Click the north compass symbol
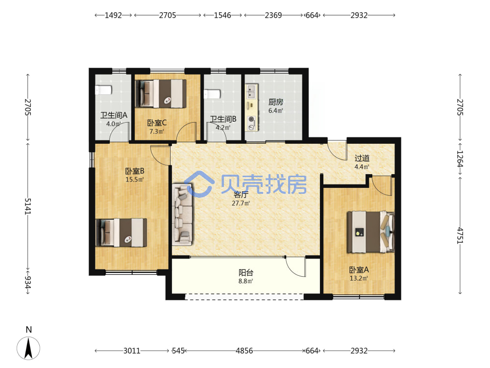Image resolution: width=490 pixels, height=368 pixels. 28,348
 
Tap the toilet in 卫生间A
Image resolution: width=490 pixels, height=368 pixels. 103,90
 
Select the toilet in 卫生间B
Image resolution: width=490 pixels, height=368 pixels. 212,94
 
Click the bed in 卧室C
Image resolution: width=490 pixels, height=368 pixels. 161,94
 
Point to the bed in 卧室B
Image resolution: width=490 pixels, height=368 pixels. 121,233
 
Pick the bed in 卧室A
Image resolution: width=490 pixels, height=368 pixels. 370,232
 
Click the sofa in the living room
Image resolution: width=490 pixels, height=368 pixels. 182,215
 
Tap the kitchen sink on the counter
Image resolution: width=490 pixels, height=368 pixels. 251,91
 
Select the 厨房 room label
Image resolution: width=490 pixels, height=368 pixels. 275,102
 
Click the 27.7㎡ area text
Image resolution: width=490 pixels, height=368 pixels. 241,204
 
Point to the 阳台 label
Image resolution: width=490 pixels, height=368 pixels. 245,272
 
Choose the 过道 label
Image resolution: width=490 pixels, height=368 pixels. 362,158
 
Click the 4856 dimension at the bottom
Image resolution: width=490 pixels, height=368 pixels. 244,351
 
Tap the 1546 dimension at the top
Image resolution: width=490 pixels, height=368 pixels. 222,15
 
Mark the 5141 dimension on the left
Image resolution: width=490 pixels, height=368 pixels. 28,206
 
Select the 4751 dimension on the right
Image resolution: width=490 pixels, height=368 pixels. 460,236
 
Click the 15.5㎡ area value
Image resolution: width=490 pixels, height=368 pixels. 134,180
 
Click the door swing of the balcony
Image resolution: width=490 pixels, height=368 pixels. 295,267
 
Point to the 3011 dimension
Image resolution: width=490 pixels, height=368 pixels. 131,351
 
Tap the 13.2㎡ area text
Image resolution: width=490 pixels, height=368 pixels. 359,278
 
